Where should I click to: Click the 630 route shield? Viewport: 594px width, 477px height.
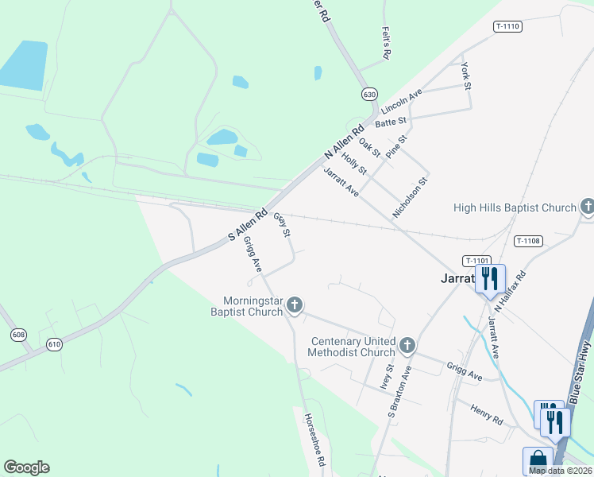point(369,94)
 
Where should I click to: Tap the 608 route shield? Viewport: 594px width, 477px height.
point(18,335)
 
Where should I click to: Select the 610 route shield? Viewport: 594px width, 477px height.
point(54,343)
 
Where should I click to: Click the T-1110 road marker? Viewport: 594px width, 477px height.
point(507,26)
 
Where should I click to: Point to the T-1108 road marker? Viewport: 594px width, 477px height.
point(528,241)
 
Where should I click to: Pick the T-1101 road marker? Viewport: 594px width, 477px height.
point(478,260)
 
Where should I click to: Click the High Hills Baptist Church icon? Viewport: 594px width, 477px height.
point(587,207)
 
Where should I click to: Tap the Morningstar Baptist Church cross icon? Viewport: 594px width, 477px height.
point(295,304)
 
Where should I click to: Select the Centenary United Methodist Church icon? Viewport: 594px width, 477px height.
point(407,345)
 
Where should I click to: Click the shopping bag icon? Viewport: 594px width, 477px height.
point(538,460)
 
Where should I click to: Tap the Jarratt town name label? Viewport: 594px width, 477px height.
point(457,279)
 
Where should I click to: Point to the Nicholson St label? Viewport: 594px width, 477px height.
point(411,198)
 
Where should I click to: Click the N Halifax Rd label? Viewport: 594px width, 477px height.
point(511,290)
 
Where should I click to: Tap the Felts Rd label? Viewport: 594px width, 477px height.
point(387,45)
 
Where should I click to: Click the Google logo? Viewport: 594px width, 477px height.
point(26,467)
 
